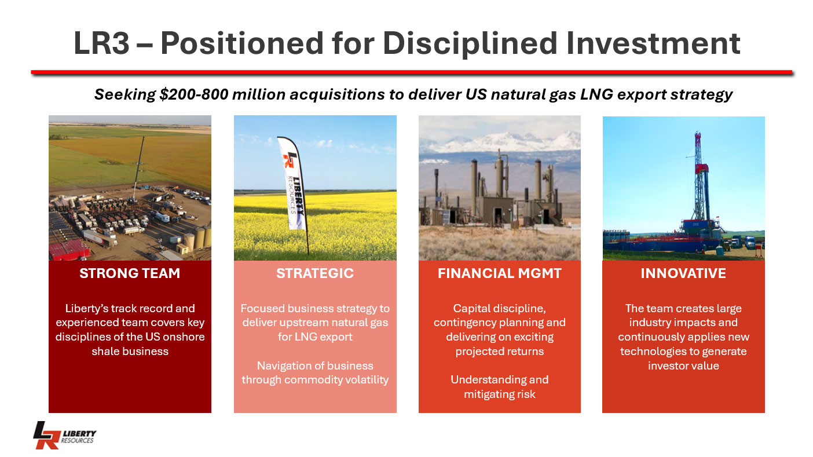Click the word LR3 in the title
click(101, 43)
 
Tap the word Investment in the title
click(653, 43)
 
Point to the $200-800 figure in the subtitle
click(193, 94)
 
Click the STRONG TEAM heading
click(130, 273)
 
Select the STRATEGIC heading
click(315, 273)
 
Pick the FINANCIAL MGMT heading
click(499, 273)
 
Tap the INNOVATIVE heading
click(683, 273)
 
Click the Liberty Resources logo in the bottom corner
click(65, 435)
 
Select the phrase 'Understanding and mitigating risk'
click(499, 387)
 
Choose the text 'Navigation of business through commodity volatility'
click(315, 373)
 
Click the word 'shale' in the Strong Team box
click(105, 352)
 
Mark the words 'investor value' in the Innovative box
click(683, 365)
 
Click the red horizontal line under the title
click(412, 72)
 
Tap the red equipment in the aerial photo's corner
click(69, 250)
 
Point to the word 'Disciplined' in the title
click(470, 43)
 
